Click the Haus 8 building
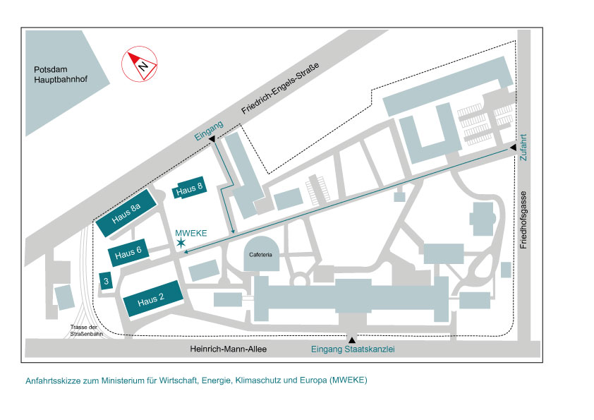coord(189,188)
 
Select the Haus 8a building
coord(126,212)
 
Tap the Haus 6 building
coord(128,252)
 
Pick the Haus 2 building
coord(153,299)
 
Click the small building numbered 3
coord(106,281)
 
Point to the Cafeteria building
coord(261,253)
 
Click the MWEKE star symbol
coord(181,243)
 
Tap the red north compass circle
coord(140,64)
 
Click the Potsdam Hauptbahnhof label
coord(61,74)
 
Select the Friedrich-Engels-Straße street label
coord(280,88)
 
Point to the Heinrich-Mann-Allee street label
coord(229,349)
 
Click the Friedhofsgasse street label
coord(523,220)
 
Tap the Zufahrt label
coord(523,147)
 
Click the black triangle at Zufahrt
coord(514,148)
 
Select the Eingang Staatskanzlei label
coord(353,349)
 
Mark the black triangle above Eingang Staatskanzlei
coord(352,340)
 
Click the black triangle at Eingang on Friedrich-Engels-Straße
coord(212,139)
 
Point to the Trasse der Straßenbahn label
coord(86,330)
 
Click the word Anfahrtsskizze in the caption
coord(53,380)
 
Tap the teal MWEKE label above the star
coord(191,233)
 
